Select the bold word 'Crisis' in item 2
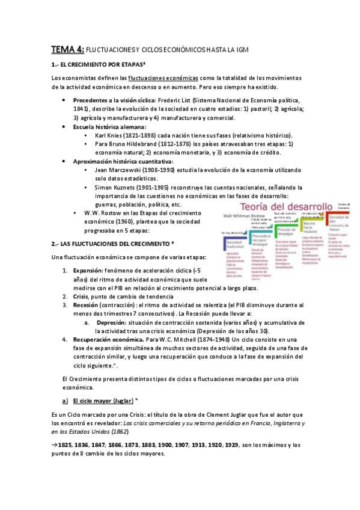point(81,296)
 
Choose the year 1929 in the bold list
point(228,445)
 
